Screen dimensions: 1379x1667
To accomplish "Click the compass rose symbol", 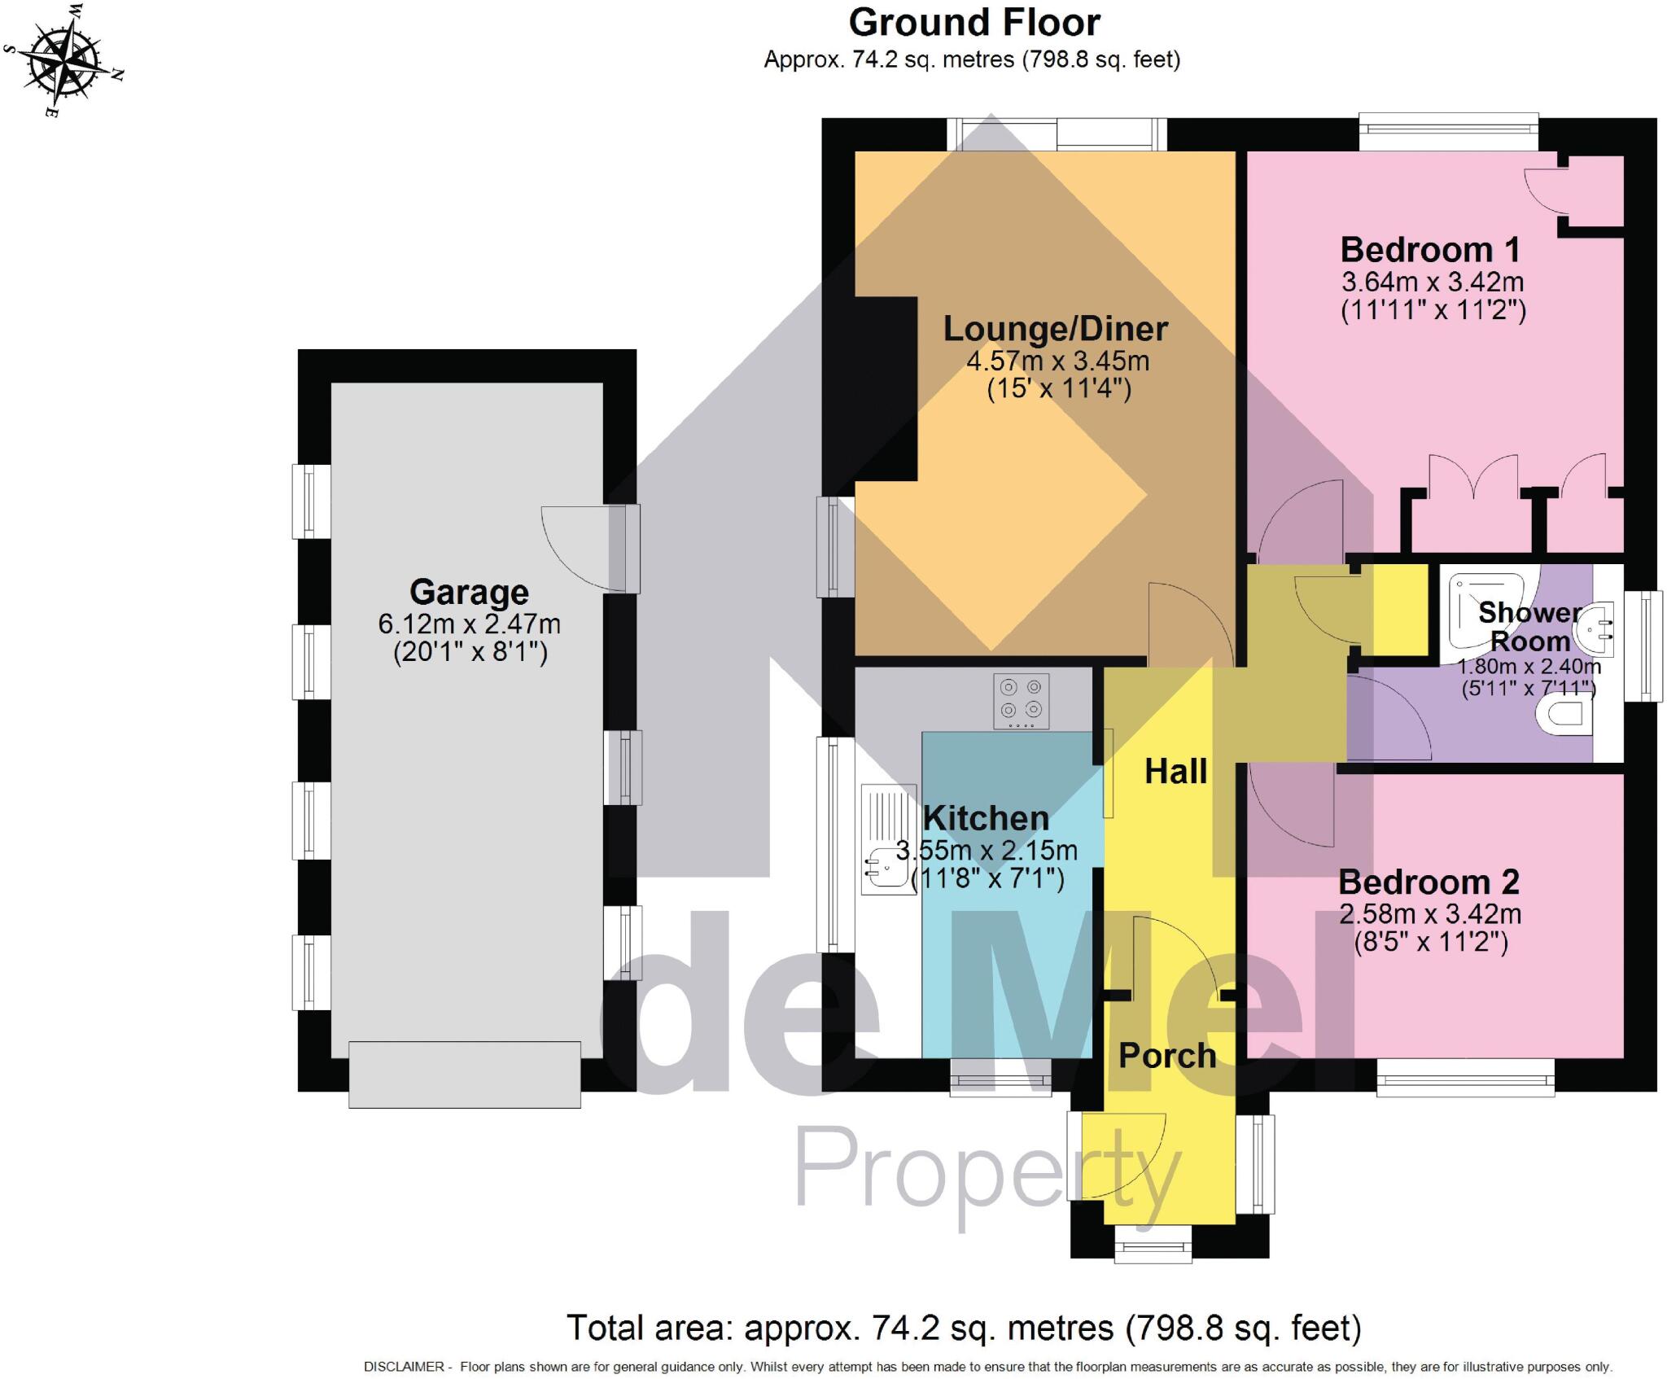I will pyautogui.click(x=63, y=59).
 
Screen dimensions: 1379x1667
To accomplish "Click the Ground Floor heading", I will pyautogui.click(x=974, y=22).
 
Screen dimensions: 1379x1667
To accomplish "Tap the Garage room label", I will pyautogui.click(x=469, y=592).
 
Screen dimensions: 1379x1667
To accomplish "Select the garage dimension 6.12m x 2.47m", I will pyautogui.click(x=469, y=624).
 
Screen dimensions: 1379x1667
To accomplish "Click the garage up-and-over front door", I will pyautogui.click(x=464, y=1074).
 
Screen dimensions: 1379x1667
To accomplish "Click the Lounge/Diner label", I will pyautogui.click(x=1055, y=329).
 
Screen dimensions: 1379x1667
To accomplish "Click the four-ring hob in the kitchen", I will pyautogui.click(x=1021, y=700).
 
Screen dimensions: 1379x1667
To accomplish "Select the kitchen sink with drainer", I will pyautogui.click(x=888, y=838).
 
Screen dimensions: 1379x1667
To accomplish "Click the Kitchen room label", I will pyautogui.click(x=986, y=818).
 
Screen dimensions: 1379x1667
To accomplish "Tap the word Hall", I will pyautogui.click(x=1175, y=771).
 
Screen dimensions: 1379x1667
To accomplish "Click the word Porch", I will pyautogui.click(x=1167, y=1056).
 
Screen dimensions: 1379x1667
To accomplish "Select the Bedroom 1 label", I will pyautogui.click(x=1430, y=249).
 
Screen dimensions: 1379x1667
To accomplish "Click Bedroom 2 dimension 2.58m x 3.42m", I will pyautogui.click(x=1430, y=914).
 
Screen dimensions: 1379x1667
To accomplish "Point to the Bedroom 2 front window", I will pyautogui.click(x=1465, y=1079).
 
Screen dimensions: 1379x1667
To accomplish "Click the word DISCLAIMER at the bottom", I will pyautogui.click(x=404, y=1367).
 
